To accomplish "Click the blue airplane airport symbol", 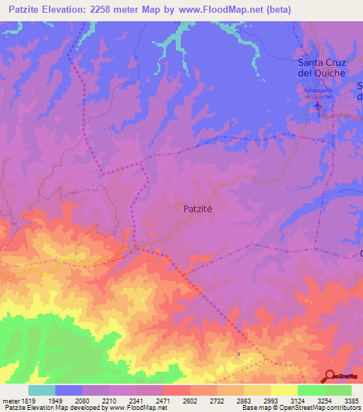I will coord(317,106).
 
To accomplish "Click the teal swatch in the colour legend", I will coord(42,390).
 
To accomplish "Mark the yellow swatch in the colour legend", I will coord(284,390).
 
